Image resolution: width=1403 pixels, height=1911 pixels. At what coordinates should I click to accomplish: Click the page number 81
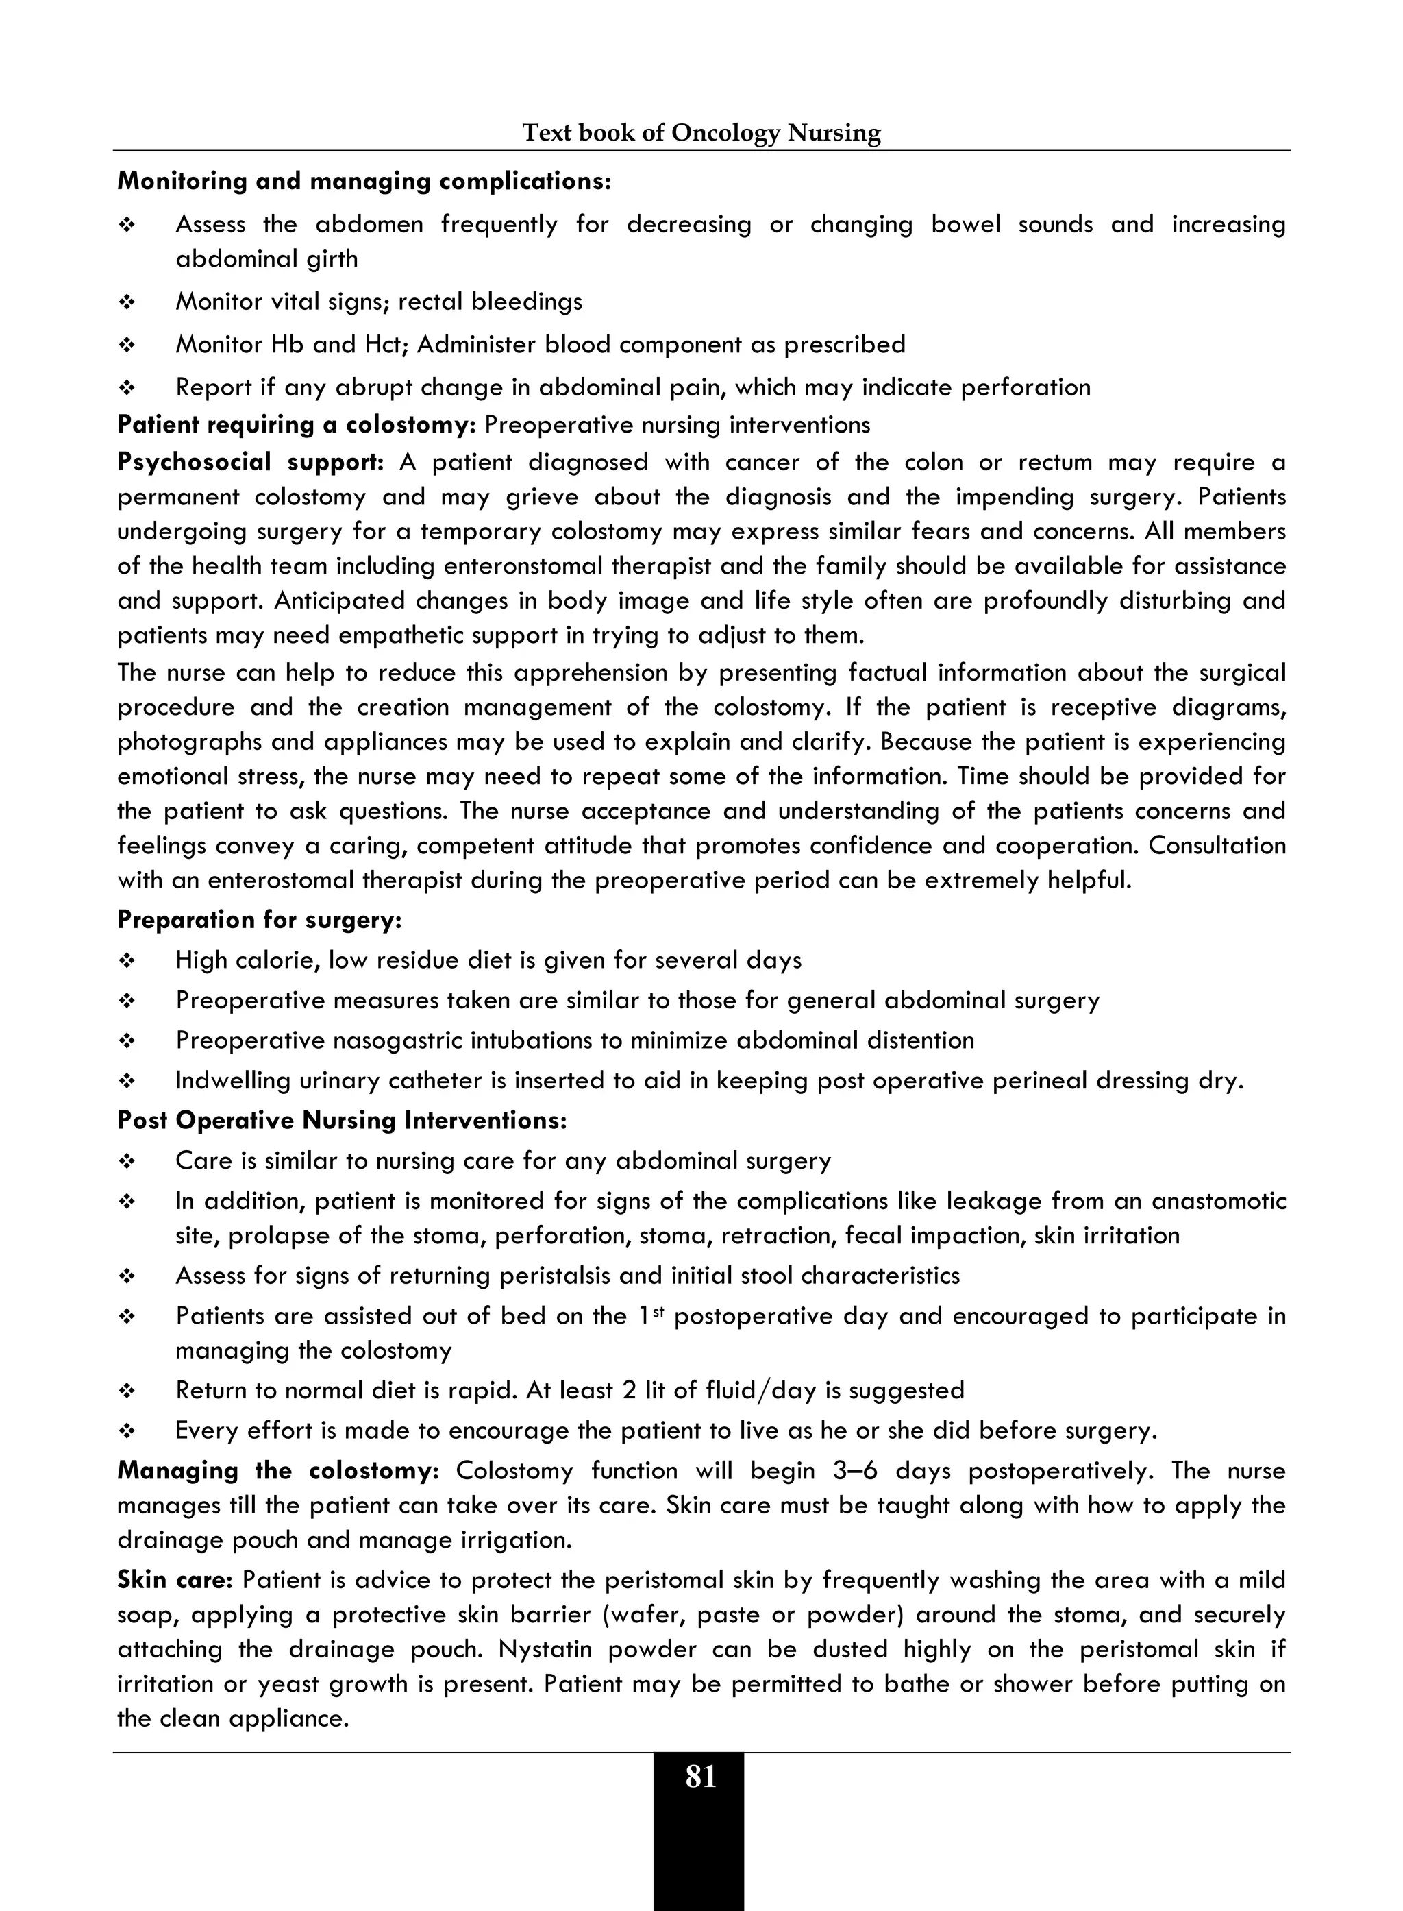click(x=700, y=1777)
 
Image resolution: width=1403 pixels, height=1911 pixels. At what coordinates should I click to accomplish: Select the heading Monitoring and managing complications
click(x=364, y=181)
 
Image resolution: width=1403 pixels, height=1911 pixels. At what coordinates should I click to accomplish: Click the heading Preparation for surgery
click(x=259, y=921)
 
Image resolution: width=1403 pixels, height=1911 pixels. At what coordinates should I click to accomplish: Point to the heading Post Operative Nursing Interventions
click(x=341, y=1121)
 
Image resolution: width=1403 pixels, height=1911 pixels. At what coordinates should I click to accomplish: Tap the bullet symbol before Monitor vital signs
click(x=127, y=302)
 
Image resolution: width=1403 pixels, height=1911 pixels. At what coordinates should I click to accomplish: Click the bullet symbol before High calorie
click(x=127, y=961)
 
